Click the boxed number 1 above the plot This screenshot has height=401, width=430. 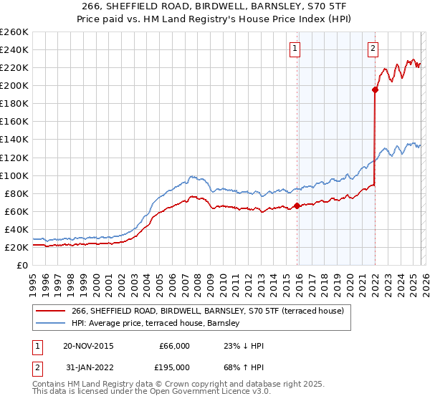(x=295, y=49)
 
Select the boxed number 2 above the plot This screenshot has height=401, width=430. (x=373, y=49)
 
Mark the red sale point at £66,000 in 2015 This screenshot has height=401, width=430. (x=297, y=206)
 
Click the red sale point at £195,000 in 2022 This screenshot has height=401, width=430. (x=375, y=90)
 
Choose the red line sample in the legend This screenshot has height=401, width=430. (x=49, y=311)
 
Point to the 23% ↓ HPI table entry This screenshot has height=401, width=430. (x=244, y=345)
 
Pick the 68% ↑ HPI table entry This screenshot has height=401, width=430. (x=244, y=367)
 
